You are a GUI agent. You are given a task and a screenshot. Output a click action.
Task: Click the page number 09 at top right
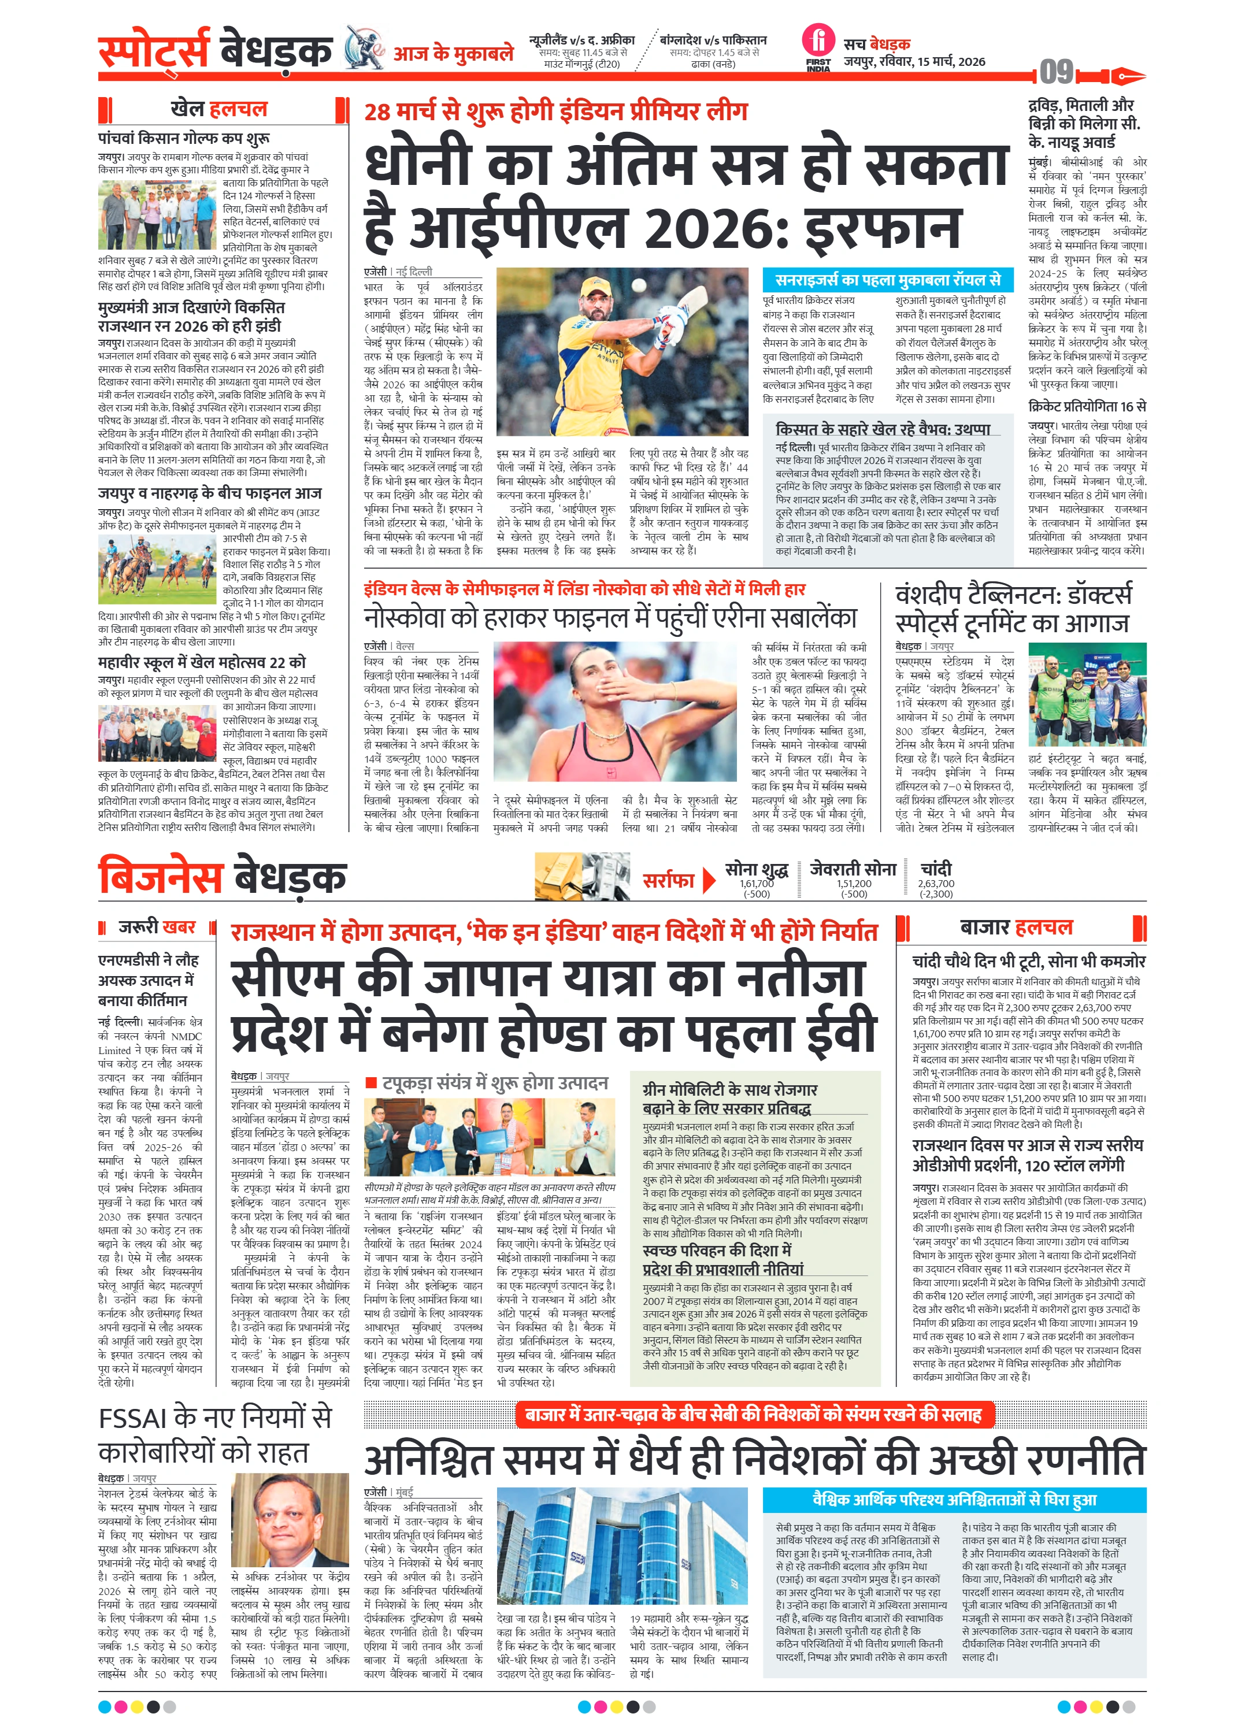pyautogui.click(x=1057, y=73)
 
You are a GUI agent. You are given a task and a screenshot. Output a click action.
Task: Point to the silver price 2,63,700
pyautogui.click(x=936, y=883)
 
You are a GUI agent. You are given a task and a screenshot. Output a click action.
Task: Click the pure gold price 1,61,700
pyautogui.click(x=757, y=883)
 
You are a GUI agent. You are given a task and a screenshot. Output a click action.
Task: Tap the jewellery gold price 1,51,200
pyautogui.click(x=854, y=883)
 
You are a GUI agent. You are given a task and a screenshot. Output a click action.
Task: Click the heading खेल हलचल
pyautogui.click(x=219, y=109)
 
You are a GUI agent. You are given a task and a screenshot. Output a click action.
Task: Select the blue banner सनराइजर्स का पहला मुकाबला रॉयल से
pyautogui.click(x=887, y=280)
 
